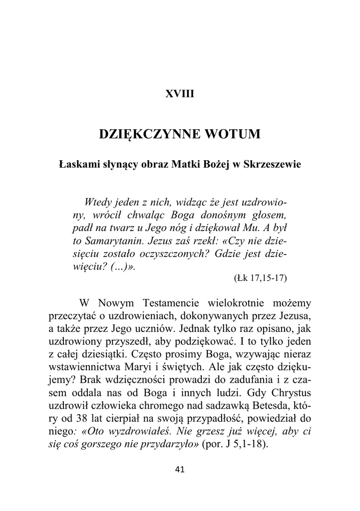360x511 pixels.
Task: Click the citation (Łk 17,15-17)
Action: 260,278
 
